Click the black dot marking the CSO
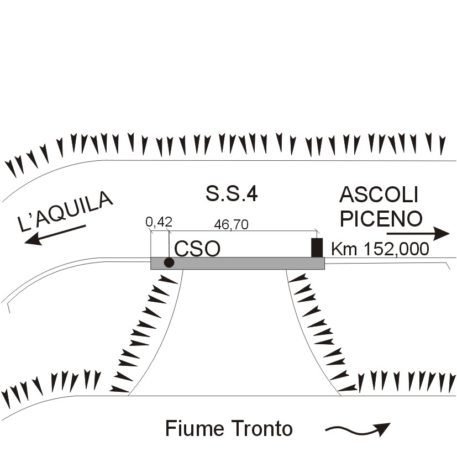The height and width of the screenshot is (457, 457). coord(169,262)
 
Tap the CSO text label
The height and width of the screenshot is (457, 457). coord(197,249)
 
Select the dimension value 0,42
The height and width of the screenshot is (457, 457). coord(159,222)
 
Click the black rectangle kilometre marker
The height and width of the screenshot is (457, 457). coord(317,248)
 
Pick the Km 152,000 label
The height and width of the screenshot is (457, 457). coord(380,249)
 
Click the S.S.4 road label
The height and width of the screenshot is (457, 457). coord(232,194)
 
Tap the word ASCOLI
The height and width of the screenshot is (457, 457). coord(379,195)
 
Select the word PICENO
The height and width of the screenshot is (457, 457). coord(381,219)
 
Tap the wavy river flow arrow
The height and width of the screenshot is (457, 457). coord(358,429)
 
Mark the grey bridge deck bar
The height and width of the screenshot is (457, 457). coord(238,263)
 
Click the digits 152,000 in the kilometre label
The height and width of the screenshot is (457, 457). coord(392,249)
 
